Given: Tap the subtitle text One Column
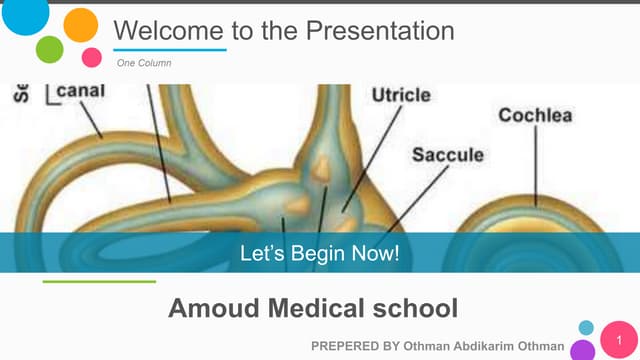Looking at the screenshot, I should point(144,63).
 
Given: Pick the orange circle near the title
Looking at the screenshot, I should point(80,25).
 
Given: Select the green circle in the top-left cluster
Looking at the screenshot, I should point(50,48).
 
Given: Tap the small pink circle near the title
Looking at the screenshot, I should point(91,56).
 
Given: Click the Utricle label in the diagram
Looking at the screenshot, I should point(401,96).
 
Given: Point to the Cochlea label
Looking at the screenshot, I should point(535,115).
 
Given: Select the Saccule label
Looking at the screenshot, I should point(448,155).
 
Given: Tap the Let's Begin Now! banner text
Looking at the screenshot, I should point(320,253).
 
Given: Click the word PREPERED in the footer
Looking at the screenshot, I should point(346,345).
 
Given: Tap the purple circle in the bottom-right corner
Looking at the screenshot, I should point(583,350).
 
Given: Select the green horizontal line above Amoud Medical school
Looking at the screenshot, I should point(99,282).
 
